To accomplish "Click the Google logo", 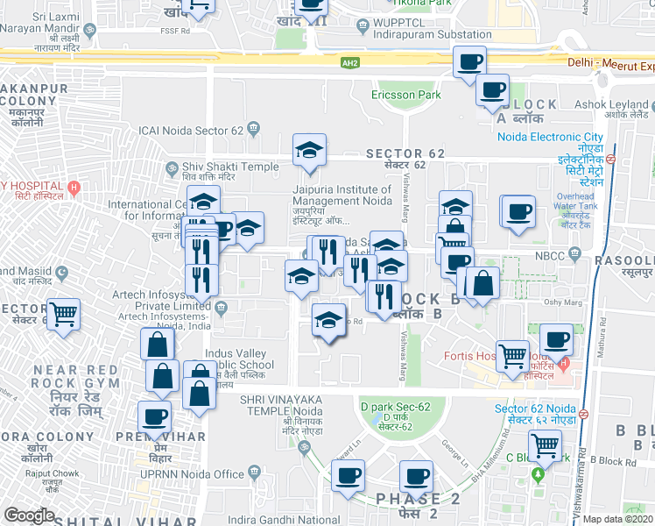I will (30, 515).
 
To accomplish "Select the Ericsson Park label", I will (405, 94).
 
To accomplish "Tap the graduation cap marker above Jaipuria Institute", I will (309, 152).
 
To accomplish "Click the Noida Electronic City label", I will (550, 137).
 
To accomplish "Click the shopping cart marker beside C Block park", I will (546, 446).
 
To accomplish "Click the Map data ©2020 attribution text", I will (617, 519).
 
